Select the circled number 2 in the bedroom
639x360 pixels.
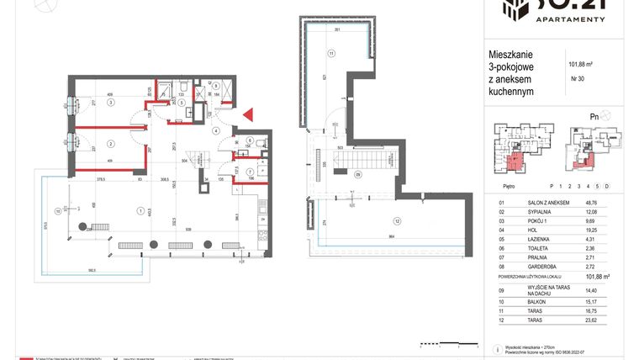pos(109,144)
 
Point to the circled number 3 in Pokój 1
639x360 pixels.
pos(109,101)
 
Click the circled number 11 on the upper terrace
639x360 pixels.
pos(332,54)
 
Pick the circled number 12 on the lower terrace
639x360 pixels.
pos(397,221)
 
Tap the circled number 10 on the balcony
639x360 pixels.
pos(57,211)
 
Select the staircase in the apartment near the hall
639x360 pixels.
pos(198,156)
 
